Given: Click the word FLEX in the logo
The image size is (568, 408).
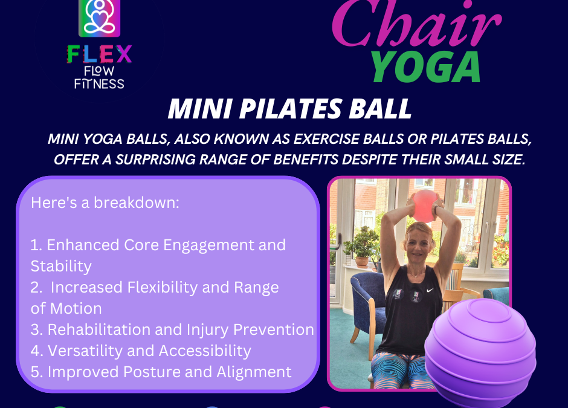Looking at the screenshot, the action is [x=99, y=54].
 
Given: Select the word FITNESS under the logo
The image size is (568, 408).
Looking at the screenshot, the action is [x=99, y=83].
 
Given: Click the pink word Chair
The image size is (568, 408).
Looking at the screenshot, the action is [x=416, y=24].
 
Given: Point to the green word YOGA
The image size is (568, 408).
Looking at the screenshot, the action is [x=425, y=67].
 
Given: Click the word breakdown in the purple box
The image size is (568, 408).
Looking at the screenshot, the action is [x=137, y=202].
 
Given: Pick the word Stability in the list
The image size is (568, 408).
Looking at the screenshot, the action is [x=61, y=266].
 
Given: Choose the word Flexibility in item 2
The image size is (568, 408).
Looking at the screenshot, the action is [x=163, y=287].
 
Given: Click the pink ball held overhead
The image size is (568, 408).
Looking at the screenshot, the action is [x=424, y=206].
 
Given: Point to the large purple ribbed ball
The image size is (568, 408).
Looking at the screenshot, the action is [x=480, y=353].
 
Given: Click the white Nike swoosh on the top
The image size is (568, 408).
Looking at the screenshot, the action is [x=430, y=290].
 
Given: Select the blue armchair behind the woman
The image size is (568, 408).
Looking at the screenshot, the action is [x=366, y=305].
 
